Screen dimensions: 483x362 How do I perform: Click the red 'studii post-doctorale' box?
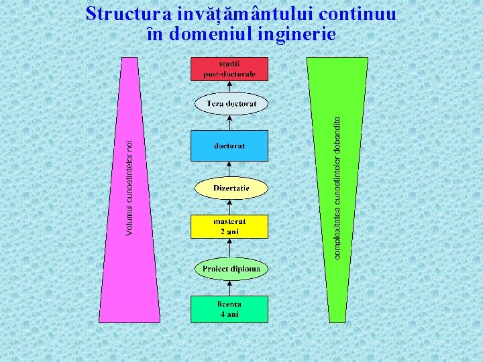(x=229, y=69)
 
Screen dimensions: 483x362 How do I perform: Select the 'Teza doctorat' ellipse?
(x=231, y=104)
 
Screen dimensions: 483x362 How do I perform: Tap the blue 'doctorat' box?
(x=229, y=145)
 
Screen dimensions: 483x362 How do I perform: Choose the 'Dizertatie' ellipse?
(x=231, y=188)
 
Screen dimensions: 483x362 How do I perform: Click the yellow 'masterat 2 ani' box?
(x=229, y=227)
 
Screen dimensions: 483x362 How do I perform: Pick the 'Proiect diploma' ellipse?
(x=231, y=269)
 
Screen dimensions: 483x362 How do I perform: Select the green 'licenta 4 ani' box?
(x=229, y=309)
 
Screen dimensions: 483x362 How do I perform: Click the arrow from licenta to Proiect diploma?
(x=230, y=288)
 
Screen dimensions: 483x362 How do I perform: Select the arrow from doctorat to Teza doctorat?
(x=230, y=123)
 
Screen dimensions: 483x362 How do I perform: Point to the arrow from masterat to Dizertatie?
(x=230, y=207)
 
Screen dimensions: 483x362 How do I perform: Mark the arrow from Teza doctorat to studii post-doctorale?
(x=230, y=87)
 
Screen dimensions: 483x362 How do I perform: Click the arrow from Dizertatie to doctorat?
(x=230, y=169)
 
